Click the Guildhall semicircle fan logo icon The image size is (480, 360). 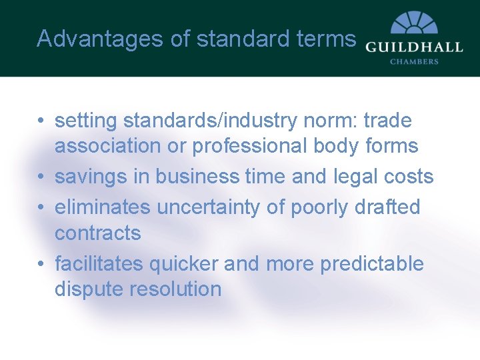pyautogui.click(x=413, y=23)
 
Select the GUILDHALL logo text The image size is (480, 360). pyautogui.click(x=413, y=47)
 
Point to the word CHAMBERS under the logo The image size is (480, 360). pyautogui.click(x=413, y=61)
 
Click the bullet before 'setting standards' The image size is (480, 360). pyautogui.click(x=42, y=121)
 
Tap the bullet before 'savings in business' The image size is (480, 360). pyautogui.click(x=42, y=177)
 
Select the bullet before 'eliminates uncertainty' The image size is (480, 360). pyautogui.click(x=42, y=207)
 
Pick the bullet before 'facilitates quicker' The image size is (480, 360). pyautogui.click(x=42, y=264)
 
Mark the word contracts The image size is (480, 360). pyautogui.click(x=98, y=233)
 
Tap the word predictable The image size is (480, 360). pyautogui.click(x=372, y=264)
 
